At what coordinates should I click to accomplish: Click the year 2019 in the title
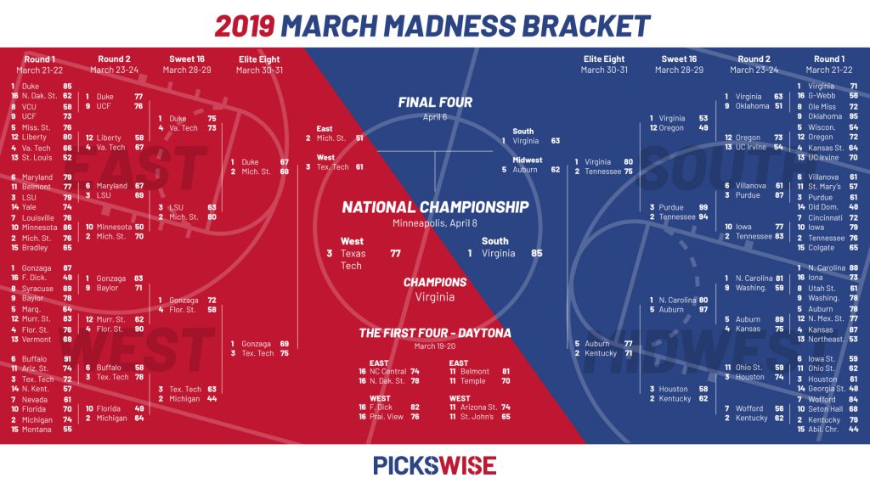(244, 25)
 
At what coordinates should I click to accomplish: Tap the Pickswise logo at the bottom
(434, 466)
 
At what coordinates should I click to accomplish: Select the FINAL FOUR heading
(435, 103)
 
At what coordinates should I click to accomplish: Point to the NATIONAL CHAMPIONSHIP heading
(435, 207)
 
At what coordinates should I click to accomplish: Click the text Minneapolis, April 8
(435, 223)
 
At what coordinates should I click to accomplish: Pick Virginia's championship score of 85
(537, 253)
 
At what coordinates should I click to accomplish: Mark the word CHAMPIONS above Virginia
(435, 282)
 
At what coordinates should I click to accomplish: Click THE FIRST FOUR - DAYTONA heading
(435, 333)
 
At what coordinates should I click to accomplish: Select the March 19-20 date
(435, 346)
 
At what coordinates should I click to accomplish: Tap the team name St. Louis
(37, 157)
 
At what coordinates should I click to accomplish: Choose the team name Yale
(29, 207)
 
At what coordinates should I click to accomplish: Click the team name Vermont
(36, 340)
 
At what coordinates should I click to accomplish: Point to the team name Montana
(36, 429)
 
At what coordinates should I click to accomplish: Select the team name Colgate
(822, 248)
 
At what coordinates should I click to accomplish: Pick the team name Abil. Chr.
(823, 429)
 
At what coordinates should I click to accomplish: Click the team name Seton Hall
(825, 409)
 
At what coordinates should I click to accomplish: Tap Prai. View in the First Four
(387, 417)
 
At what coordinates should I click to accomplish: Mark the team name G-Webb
(822, 95)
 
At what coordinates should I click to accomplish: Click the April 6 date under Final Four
(435, 117)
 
